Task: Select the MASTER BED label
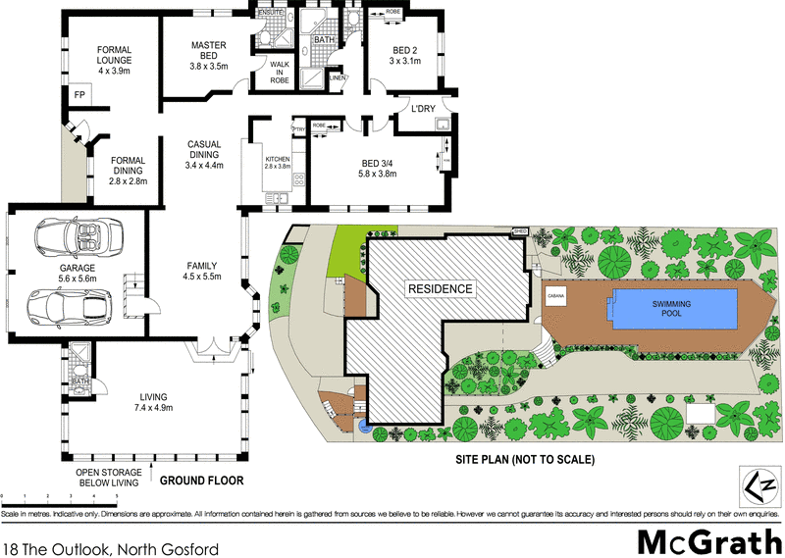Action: (x=209, y=54)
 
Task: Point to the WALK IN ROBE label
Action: (x=268, y=74)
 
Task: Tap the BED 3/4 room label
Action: (x=378, y=169)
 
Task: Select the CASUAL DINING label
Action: (x=205, y=154)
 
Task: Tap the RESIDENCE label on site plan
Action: (x=441, y=289)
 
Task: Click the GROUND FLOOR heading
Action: (x=201, y=481)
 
